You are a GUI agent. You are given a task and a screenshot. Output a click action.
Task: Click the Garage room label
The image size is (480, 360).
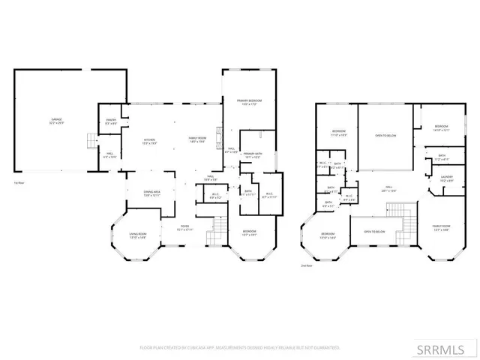(x=56, y=121)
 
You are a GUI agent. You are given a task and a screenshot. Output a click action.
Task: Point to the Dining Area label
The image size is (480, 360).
(x=153, y=193)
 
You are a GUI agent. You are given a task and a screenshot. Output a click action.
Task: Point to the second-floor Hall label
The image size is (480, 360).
(x=389, y=189)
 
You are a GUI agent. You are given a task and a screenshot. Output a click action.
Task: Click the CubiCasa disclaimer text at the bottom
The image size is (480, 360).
(x=240, y=347)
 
